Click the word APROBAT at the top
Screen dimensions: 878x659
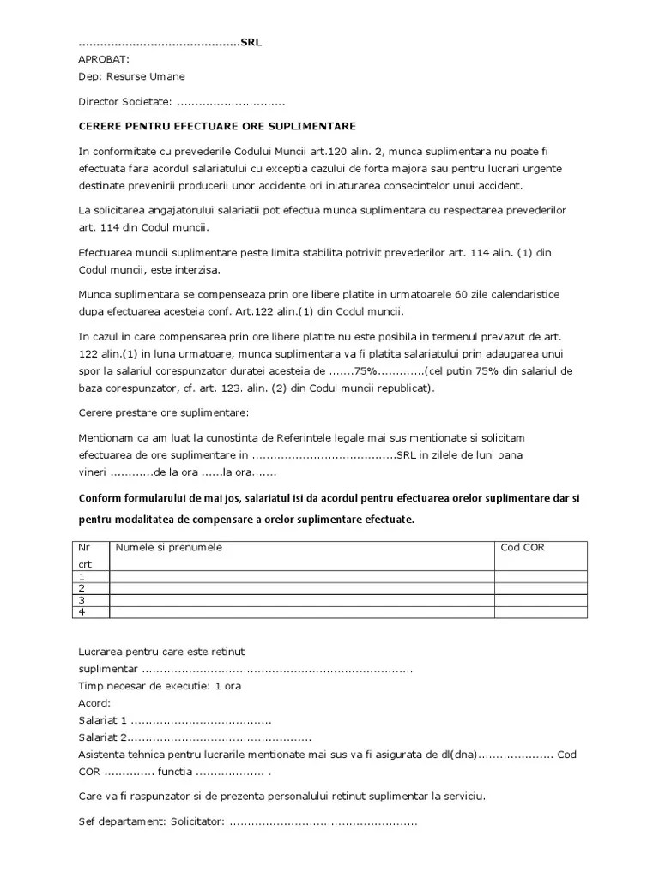[x=104, y=59]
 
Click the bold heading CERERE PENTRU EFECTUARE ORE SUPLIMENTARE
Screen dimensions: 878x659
[x=216, y=125]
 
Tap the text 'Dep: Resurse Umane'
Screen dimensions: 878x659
[x=131, y=76]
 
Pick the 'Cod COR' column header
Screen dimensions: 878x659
[x=523, y=547]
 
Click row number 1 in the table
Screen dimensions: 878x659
[x=82, y=577]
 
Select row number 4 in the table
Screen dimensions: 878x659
[x=82, y=611]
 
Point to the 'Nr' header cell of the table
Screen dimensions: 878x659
[x=84, y=547]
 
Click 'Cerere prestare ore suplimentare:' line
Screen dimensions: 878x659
[x=163, y=412]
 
